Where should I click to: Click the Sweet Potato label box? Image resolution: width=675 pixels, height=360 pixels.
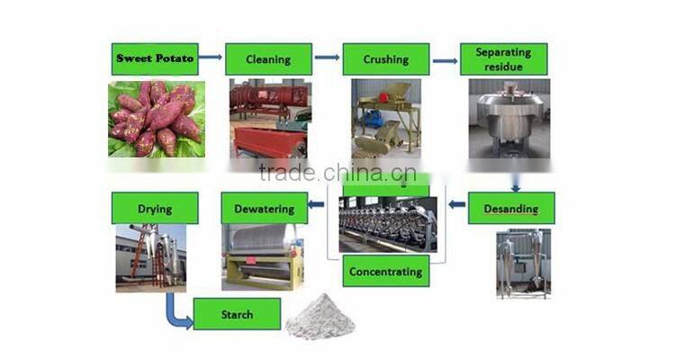tap(154, 59)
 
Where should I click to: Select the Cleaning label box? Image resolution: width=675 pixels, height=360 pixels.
tap(268, 59)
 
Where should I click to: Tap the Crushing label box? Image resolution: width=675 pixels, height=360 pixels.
tap(385, 59)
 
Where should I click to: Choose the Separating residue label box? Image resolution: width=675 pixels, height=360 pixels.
tap(503, 59)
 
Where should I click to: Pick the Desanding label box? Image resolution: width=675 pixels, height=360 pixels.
tap(511, 208)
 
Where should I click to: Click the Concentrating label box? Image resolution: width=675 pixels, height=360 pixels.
tap(385, 271)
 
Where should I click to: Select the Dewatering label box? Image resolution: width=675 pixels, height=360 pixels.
tap(265, 208)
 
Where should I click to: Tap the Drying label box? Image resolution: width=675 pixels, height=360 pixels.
tap(155, 208)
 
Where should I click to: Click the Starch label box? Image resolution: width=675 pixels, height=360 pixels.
tap(237, 314)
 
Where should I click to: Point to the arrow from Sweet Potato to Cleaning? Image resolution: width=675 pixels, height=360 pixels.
tap(211, 58)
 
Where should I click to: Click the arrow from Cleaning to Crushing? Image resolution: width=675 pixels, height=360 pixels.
tap(328, 58)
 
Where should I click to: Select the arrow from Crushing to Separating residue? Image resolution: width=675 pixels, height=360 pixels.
tap(445, 61)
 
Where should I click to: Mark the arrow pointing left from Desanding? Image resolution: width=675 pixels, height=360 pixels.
tap(457, 204)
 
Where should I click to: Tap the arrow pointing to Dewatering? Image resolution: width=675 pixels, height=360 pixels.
tap(316, 204)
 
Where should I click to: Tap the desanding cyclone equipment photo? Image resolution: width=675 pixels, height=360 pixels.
tap(523, 263)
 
